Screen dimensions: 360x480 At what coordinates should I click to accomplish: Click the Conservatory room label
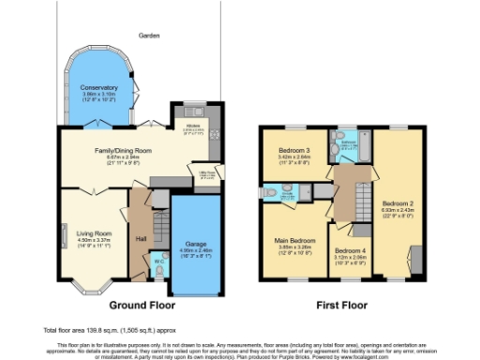pyautogui.click(x=98, y=87)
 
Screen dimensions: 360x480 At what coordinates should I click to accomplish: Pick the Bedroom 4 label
pyautogui.click(x=351, y=251)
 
